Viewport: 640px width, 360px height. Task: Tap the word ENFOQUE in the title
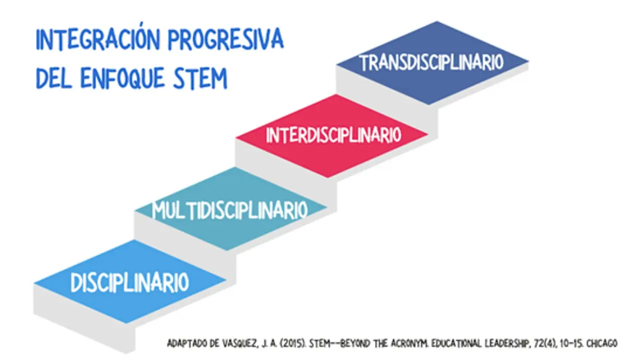tap(122, 77)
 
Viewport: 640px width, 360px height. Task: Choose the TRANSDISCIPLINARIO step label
tap(431, 62)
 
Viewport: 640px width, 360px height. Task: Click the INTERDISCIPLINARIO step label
tap(333, 135)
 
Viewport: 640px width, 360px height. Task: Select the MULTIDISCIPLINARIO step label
tap(230, 210)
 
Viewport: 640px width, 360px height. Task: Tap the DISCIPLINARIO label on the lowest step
tap(129, 282)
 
